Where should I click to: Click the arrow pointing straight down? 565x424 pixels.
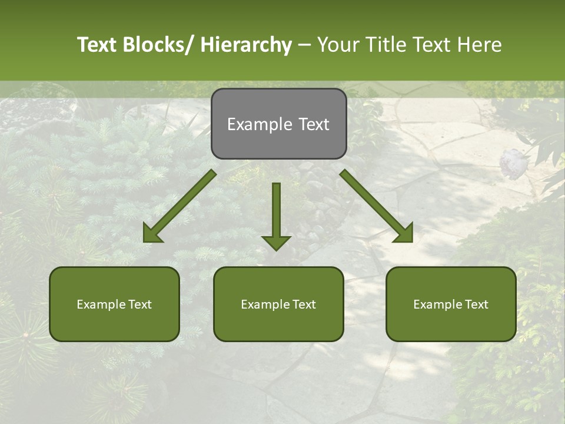pos(276,212)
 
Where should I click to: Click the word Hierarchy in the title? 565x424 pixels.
pos(246,45)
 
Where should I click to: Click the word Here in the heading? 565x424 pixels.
pos(481,45)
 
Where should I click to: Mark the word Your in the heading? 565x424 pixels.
pos(336,45)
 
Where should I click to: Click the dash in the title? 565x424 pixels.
pos(304,45)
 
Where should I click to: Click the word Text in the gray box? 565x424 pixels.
pos(313,125)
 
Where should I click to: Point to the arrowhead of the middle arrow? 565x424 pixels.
pos(276,242)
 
